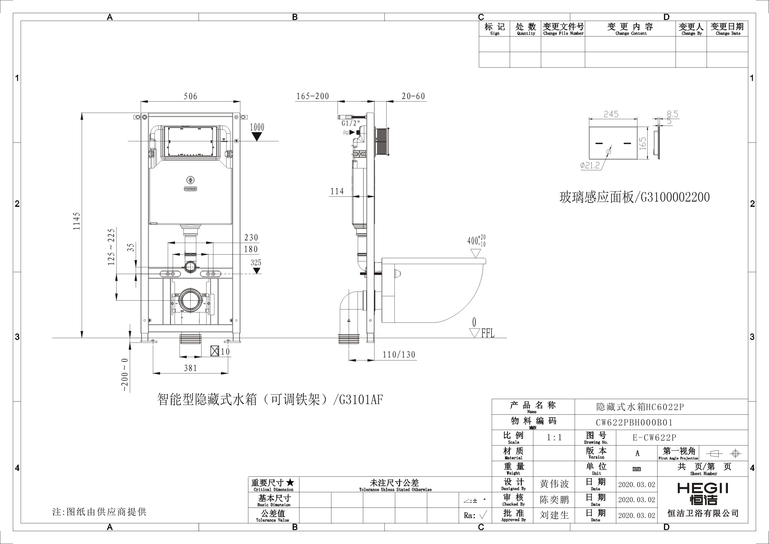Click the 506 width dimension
tap(190, 96)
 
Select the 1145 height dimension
tap(77, 221)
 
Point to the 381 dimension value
tap(191, 368)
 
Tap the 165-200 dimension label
tap(312, 96)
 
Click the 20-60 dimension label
tap(413, 96)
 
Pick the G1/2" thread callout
tap(350, 123)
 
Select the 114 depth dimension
tap(337, 191)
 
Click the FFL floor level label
tap(488, 334)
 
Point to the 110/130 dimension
tap(399, 355)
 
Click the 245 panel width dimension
tap(611, 114)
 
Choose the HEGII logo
tap(703, 493)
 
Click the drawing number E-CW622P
tap(654, 438)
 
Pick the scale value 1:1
tap(554, 438)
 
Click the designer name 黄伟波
tap(554, 484)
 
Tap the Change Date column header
tap(727, 29)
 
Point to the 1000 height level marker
tap(257, 127)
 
